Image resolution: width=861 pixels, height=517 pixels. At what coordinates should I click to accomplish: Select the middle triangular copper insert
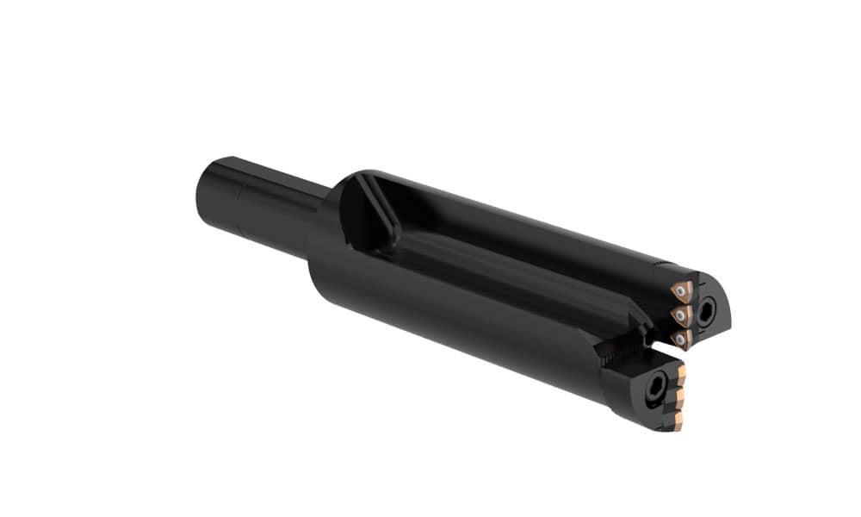click(x=682, y=315)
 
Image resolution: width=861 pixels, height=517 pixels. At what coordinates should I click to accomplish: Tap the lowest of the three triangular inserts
click(x=681, y=339)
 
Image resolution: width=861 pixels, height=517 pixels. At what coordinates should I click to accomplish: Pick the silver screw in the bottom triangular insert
click(x=680, y=340)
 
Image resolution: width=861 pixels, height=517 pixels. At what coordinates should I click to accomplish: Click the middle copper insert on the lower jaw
click(x=679, y=398)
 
